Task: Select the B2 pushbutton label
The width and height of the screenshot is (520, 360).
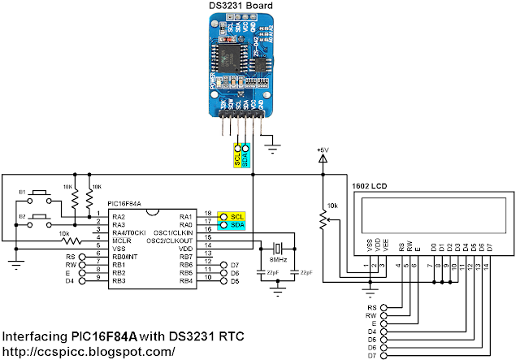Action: [23, 216]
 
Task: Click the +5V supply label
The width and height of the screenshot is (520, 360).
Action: [324, 150]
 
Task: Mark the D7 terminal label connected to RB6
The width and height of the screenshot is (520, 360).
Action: [235, 265]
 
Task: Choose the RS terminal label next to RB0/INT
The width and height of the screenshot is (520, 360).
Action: [70, 257]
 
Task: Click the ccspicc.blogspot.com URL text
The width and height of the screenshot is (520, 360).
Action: [89, 351]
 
